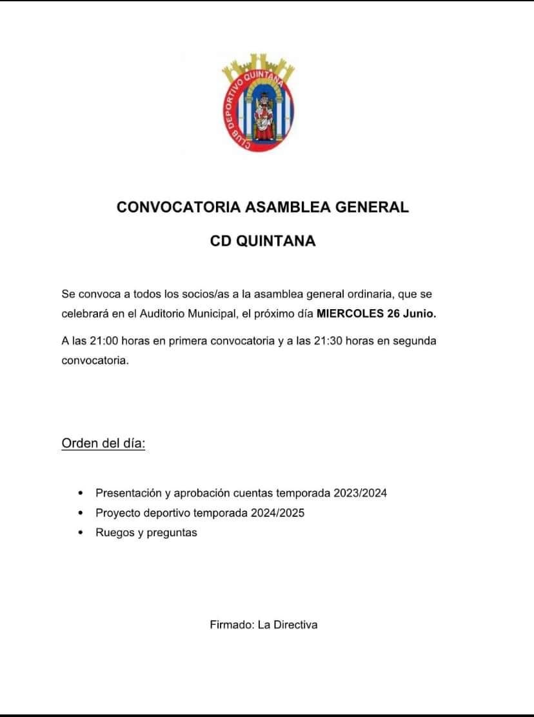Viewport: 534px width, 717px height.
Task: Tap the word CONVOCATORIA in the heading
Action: click(179, 207)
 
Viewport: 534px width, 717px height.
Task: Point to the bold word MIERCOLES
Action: click(348, 314)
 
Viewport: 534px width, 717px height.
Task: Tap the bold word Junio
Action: click(419, 314)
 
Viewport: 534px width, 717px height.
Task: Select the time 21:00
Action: click(102, 341)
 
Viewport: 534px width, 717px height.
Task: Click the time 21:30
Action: click(328, 341)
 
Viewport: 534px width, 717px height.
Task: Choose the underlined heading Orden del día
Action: click(103, 444)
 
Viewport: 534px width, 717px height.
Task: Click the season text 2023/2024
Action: click(361, 493)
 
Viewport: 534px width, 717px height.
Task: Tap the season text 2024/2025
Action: click(278, 513)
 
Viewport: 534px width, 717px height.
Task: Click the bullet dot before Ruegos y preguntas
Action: click(81, 533)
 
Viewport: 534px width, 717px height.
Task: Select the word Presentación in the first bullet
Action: click(128, 493)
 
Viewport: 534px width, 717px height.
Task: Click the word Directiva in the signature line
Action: click(295, 624)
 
